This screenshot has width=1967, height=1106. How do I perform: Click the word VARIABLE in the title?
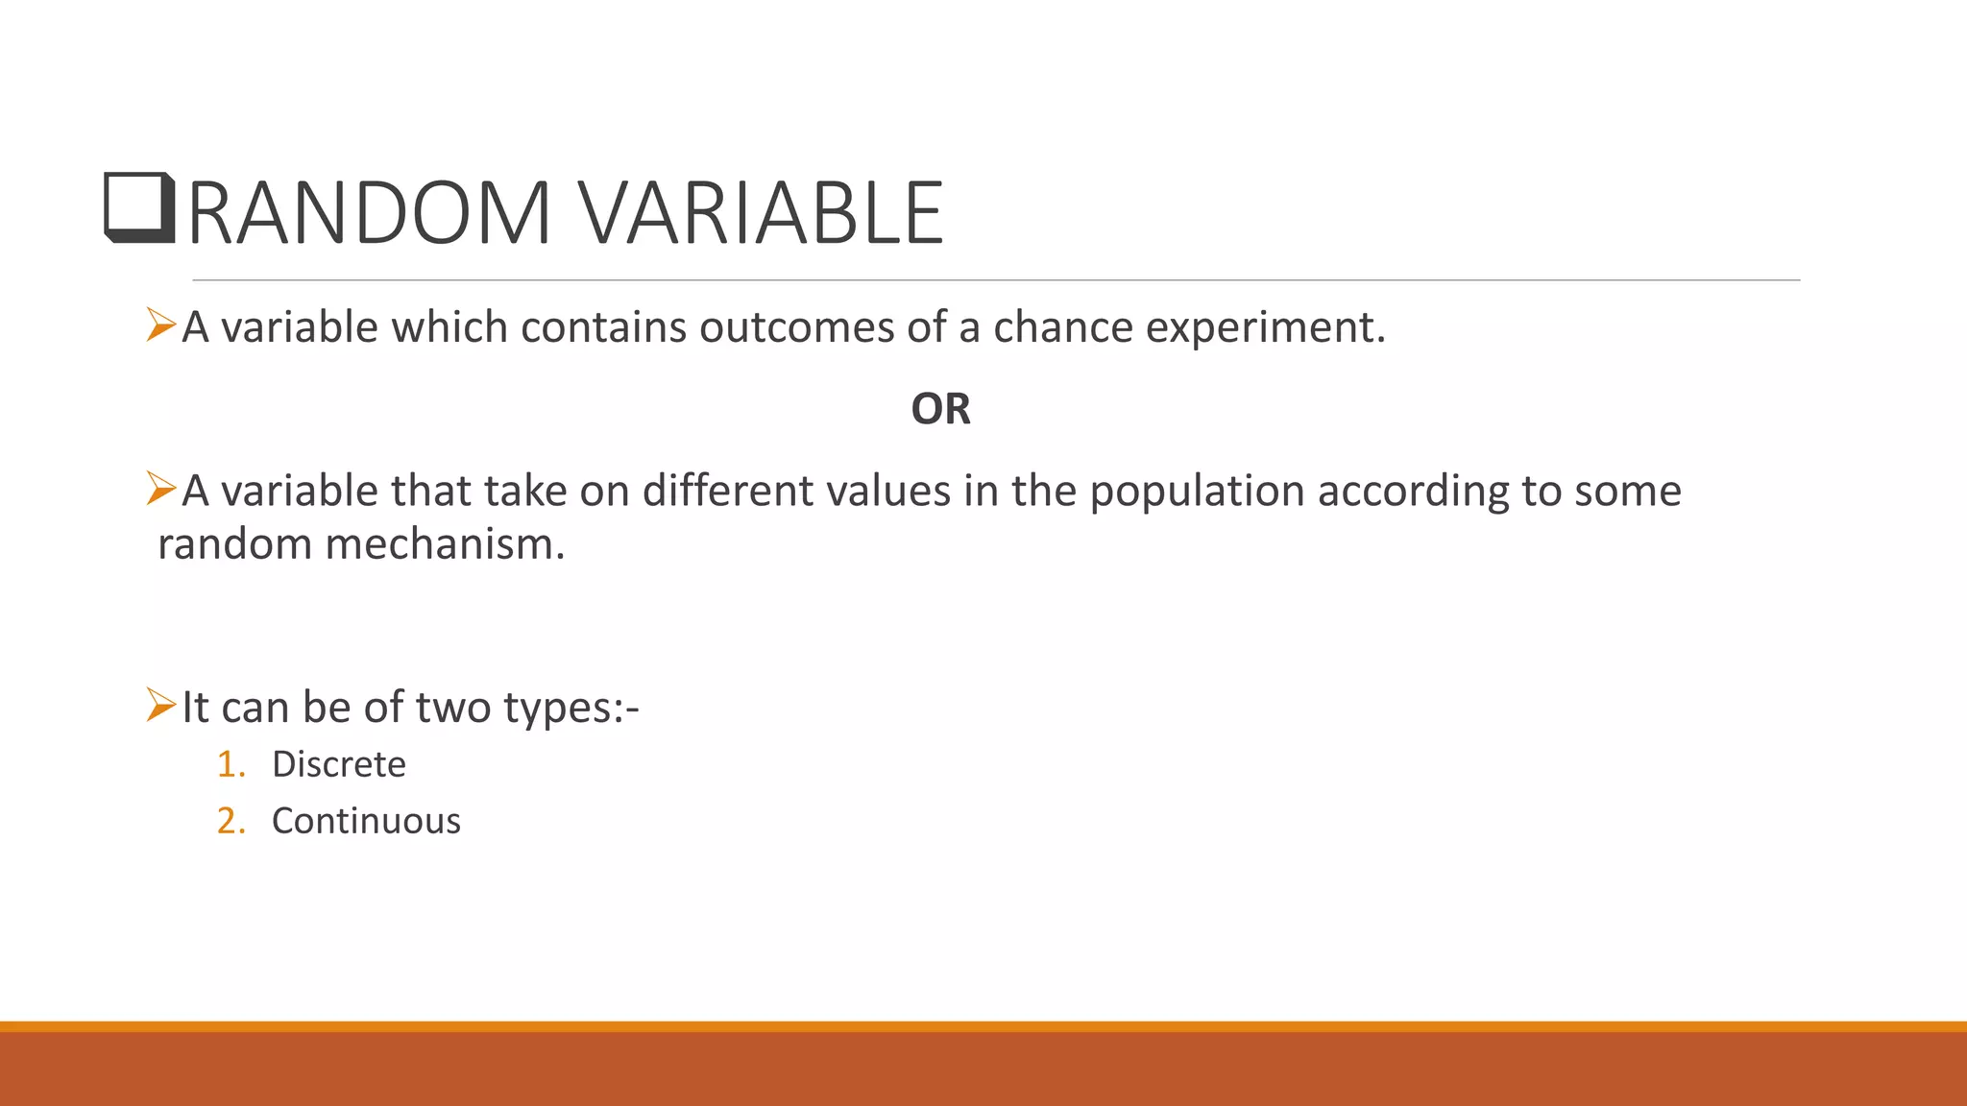pos(760,213)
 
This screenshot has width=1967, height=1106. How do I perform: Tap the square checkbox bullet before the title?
pos(139,207)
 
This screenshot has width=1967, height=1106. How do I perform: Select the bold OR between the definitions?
pos(940,410)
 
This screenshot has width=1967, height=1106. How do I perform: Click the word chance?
pos(1062,328)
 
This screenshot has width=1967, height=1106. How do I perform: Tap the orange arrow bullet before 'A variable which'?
pos(160,325)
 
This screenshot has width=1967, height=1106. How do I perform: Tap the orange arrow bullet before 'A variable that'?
pos(160,489)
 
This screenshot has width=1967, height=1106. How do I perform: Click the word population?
pos(1197,492)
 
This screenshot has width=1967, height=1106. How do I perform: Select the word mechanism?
pos(445,545)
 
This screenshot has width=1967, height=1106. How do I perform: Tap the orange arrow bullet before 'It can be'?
pos(160,705)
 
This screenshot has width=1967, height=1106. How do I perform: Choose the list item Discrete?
pos(338,764)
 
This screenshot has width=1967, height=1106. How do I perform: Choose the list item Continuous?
pos(366,821)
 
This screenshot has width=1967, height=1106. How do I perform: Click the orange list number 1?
pos(230,764)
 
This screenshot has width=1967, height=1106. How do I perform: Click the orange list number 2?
pos(230,821)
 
